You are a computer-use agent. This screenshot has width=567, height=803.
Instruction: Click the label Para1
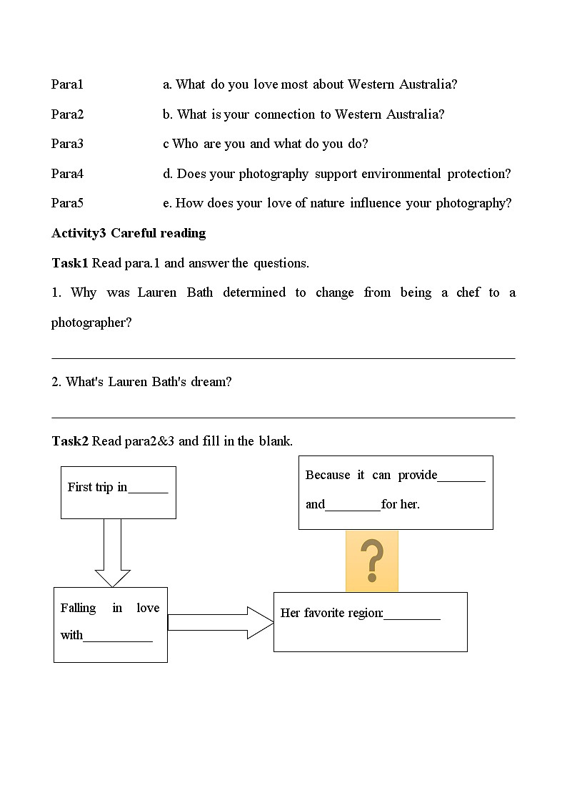(x=67, y=84)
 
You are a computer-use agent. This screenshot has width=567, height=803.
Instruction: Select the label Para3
(x=67, y=144)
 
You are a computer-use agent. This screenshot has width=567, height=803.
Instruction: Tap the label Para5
(x=67, y=203)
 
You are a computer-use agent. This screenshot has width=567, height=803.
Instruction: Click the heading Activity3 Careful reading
(x=129, y=233)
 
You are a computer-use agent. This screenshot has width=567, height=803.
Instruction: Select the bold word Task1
(x=70, y=263)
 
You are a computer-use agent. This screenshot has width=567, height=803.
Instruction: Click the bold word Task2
(x=70, y=441)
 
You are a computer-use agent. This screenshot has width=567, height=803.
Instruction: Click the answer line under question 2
(x=283, y=417)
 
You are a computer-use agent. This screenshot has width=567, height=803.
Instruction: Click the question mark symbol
(x=372, y=561)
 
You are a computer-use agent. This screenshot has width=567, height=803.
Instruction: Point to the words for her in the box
(x=401, y=504)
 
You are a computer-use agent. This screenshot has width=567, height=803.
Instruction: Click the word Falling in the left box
(x=78, y=608)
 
